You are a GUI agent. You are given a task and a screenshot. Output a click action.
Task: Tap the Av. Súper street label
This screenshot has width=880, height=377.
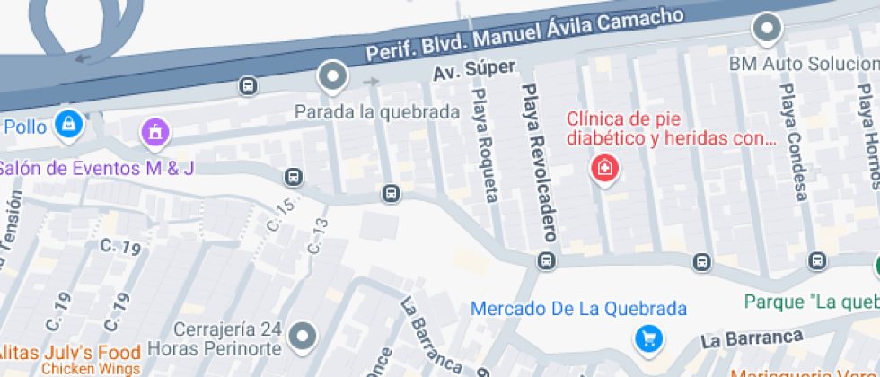click(x=474, y=70)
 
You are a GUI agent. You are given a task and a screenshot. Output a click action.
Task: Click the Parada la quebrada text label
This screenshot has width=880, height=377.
click(x=377, y=112)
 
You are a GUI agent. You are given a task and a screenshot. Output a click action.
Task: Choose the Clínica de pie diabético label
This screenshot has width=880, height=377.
click(x=670, y=128)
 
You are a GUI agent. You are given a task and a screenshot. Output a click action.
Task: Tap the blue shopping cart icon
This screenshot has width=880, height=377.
click(x=647, y=338)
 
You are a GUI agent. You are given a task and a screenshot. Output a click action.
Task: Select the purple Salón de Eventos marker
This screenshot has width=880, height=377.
click(x=155, y=134)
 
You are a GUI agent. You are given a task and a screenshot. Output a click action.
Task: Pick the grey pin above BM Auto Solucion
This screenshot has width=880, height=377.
click(x=767, y=29)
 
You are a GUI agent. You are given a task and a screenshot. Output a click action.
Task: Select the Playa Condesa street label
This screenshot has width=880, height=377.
click(x=795, y=144)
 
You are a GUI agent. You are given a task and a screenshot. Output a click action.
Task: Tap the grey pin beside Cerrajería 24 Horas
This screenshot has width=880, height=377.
click(x=304, y=337)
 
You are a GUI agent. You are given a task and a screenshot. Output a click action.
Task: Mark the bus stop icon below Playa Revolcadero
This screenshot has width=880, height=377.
click(x=545, y=261)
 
